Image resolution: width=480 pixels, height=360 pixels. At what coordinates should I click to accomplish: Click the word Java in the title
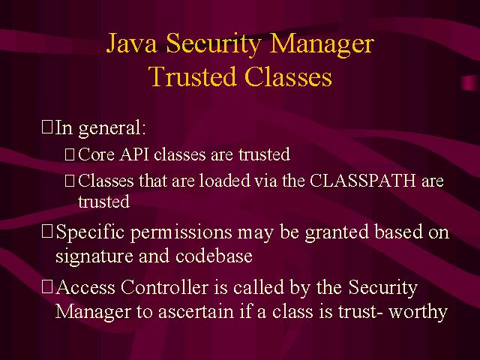(132, 43)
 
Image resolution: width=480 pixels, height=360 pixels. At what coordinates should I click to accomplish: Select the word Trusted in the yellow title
(193, 76)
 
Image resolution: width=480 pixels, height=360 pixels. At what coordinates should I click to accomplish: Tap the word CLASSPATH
(363, 180)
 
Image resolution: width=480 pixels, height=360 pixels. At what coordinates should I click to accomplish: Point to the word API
(134, 154)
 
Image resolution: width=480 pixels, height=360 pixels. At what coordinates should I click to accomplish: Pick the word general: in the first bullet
(112, 128)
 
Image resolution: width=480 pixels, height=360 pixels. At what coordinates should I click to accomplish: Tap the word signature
(94, 256)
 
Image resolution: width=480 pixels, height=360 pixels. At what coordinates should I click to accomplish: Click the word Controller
(164, 287)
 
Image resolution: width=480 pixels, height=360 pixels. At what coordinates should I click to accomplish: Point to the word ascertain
(196, 312)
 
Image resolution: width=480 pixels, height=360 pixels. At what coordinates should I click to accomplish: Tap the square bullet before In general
(47, 127)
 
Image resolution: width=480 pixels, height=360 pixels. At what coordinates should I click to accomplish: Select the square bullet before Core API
(70, 154)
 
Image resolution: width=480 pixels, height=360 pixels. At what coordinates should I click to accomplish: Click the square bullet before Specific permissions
(47, 232)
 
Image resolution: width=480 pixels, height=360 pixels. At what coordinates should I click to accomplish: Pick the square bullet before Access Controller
(47, 286)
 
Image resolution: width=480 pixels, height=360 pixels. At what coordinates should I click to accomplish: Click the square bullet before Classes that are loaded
(70, 181)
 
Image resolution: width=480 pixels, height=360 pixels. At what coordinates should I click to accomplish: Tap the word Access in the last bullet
(85, 287)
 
